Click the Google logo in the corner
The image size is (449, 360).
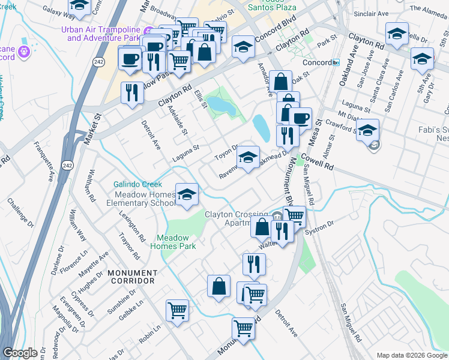(21, 353)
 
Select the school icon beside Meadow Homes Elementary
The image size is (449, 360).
(187, 195)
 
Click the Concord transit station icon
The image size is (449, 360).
(336, 62)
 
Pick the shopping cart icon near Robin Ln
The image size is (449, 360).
(177, 311)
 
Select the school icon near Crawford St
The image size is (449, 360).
(367, 130)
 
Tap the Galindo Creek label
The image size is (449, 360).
(138, 184)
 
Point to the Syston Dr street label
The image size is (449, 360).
(319, 229)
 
